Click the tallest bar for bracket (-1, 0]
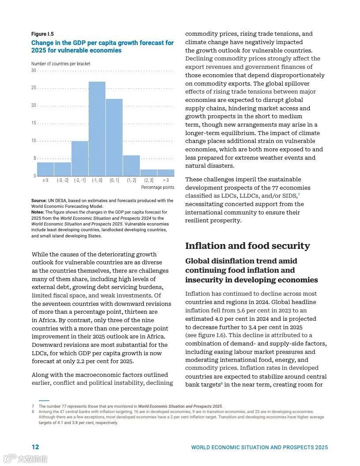[97, 129]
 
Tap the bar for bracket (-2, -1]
[80, 158]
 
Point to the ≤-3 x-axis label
[45, 180]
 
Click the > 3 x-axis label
[165, 180]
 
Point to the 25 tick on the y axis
[34, 88]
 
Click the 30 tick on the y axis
[34, 71]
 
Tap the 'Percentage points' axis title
[157, 188]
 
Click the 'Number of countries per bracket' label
[60, 64]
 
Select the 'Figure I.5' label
[42, 34]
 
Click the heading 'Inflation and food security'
[247, 246]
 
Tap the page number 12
[35, 447]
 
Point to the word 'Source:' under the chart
[39, 201]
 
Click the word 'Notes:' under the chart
[37, 212]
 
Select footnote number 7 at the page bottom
[33, 406]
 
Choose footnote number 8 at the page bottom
[33, 412]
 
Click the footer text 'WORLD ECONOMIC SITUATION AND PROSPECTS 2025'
[259, 447]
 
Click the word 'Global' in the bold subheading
[197, 261]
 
